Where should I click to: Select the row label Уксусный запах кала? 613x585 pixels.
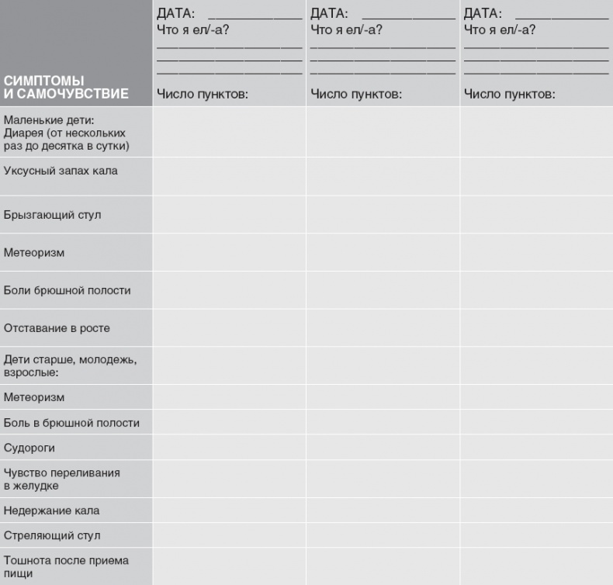tap(61, 171)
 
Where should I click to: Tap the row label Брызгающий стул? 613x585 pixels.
tap(52, 214)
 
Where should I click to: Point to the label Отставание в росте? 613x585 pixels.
tap(57, 328)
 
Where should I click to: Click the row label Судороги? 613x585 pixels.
tap(29, 448)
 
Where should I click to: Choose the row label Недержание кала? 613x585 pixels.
tap(51, 511)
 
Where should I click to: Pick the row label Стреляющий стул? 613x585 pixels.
tap(52, 536)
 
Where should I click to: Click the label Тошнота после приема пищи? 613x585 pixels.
tap(66, 566)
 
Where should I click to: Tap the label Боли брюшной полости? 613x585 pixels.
tap(67, 290)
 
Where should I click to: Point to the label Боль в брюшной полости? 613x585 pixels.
tap(71, 423)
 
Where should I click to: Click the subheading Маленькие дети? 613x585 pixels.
tap(48, 119)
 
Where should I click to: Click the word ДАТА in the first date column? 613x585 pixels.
tap(175, 14)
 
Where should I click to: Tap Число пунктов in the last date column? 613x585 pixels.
tap(509, 95)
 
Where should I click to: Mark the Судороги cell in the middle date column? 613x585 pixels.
tap(383, 448)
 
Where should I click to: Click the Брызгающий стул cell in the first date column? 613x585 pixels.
tap(229, 214)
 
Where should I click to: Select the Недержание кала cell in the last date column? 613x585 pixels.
tap(536, 511)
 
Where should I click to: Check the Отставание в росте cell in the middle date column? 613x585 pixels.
tap(383, 328)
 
